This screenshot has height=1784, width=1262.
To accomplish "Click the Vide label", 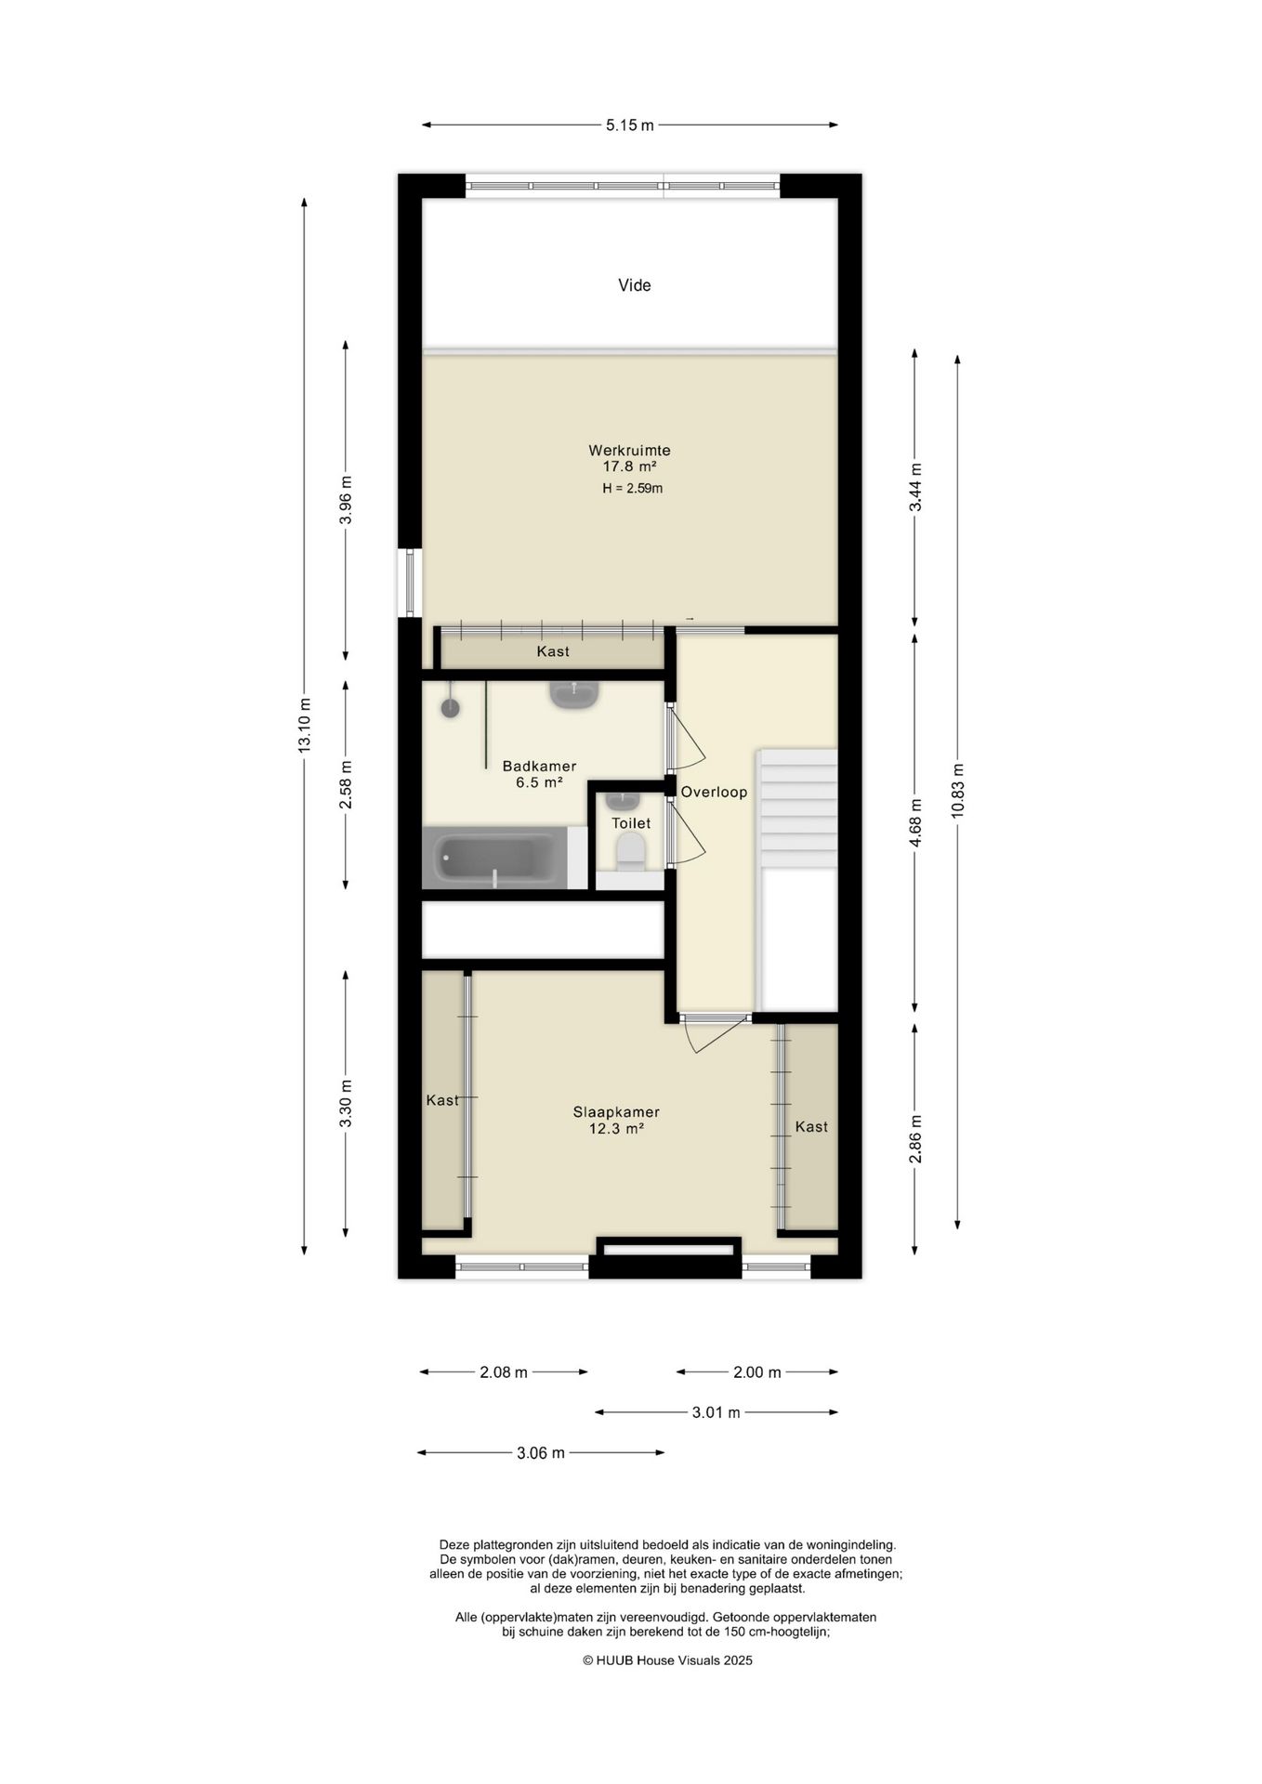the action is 634,285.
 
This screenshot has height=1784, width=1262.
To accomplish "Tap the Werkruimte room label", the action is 629,451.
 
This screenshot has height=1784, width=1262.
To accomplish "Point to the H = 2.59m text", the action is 632,489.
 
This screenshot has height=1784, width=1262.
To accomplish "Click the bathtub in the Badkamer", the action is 493,858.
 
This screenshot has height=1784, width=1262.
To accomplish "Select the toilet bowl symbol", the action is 631,851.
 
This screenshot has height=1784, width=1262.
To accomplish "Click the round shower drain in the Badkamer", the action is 450,708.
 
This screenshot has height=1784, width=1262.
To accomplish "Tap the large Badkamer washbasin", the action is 574,694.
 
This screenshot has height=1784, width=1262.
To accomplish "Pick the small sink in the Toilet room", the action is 623,800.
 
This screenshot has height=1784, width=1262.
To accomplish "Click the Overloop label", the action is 714,793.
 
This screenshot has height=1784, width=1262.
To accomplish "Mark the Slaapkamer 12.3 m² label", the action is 616,1121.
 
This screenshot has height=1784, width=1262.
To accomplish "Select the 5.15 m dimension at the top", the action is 630,125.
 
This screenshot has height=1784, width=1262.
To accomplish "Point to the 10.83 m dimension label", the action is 957,791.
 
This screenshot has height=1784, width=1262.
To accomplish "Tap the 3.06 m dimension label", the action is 541,1453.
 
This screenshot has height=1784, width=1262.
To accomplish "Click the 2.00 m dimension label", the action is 757,1372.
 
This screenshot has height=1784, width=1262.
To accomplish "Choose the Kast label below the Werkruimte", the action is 553,651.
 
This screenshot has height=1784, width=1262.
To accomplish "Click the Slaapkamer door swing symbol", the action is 716,1032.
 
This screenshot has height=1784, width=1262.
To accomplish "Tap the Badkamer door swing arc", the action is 688,737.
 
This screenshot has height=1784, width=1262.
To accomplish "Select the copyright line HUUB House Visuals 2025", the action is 667,1660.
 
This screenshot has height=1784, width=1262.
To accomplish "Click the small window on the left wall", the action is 410,583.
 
